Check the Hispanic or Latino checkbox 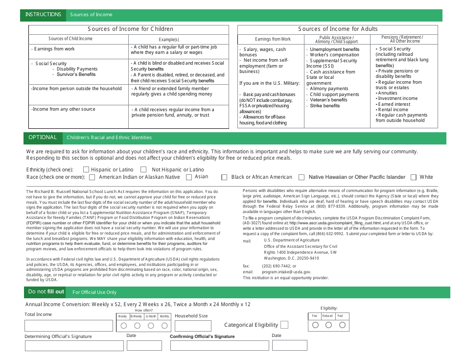tap(86, 170)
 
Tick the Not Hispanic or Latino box tap(143, 170)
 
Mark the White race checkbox tap(414, 177)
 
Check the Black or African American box tap(225, 177)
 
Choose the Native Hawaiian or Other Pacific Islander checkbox tap(302, 177)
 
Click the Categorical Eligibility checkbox tap(284, 325)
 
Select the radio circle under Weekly tap(123, 326)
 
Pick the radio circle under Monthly tap(164, 326)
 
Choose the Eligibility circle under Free tap(315, 325)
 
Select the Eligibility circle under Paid tap(342, 325)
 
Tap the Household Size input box tap(193, 326)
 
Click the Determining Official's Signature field tap(74, 346)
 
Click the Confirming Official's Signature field tap(219, 346)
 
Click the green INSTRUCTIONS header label tap(43, 15)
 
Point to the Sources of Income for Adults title tap(338, 29)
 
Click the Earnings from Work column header tap(273, 39)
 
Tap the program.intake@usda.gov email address tap(286, 272)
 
